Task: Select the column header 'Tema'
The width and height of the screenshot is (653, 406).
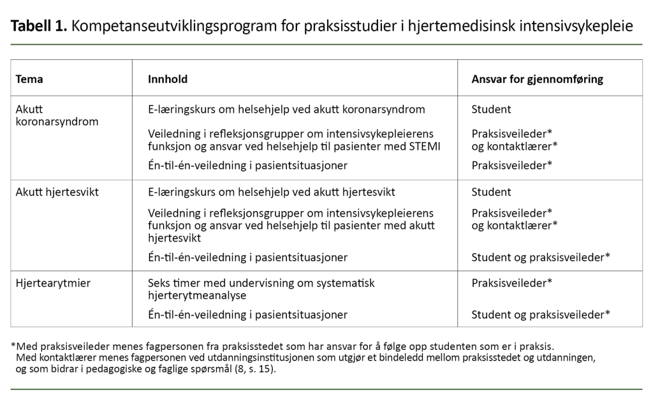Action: pyautogui.click(x=29, y=79)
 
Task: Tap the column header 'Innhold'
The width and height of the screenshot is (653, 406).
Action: pyautogui.click(x=168, y=79)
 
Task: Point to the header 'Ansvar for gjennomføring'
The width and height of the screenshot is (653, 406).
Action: pyautogui.click(x=537, y=79)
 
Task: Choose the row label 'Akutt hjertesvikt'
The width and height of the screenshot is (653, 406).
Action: pyautogui.click(x=57, y=192)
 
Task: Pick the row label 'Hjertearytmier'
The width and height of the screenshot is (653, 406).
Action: pyautogui.click(x=53, y=282)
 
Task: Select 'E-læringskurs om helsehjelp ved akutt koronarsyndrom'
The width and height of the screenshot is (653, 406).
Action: pyautogui.click(x=286, y=109)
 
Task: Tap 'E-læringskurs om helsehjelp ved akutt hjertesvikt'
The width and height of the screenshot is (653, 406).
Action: pyautogui.click(x=272, y=192)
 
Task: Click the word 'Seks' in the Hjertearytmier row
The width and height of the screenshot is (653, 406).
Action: pyautogui.click(x=159, y=282)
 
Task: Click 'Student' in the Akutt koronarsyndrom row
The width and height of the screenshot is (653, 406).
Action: pyautogui.click(x=491, y=109)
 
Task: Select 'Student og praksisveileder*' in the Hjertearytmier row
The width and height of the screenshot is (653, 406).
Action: pyautogui.click(x=541, y=314)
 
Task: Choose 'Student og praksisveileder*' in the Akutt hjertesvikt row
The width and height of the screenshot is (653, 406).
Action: pyautogui.click(x=541, y=257)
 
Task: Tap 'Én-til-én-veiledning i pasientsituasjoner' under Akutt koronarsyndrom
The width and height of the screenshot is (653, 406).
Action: pyautogui.click(x=247, y=165)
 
